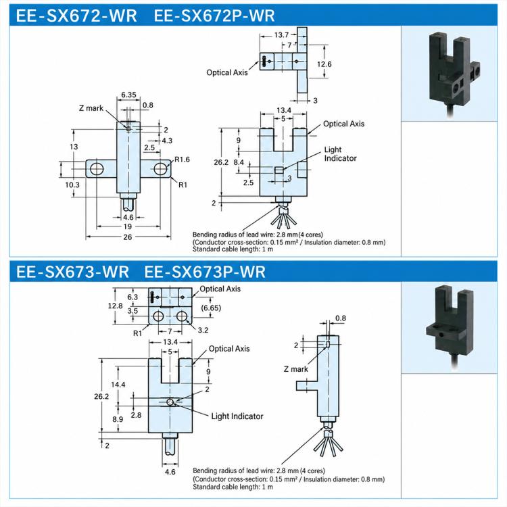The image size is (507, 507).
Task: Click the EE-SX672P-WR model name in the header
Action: pos(214,16)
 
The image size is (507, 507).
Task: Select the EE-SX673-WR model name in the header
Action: pos(72,271)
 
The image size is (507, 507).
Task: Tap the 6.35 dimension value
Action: pos(128,95)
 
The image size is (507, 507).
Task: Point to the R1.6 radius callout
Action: pos(182,160)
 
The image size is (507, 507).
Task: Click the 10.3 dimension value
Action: pos(72,185)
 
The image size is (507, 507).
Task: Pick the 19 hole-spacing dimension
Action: pos(127,226)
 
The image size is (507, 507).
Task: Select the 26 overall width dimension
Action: pos(127,237)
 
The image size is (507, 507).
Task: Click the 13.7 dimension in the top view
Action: pos(281,34)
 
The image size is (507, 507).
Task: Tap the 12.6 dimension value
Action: pos(324,64)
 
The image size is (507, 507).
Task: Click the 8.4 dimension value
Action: pos(239,162)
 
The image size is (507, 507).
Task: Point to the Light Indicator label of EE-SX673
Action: pos(237,416)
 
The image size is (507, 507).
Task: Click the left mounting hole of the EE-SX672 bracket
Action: pos(97,168)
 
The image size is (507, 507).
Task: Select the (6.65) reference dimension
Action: pos(211,308)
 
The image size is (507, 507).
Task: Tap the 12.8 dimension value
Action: pos(115,306)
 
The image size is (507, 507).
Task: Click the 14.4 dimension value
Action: pos(118,385)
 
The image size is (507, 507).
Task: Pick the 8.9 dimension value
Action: pos(118,419)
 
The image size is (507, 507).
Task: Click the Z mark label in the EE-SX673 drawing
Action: pos(295,369)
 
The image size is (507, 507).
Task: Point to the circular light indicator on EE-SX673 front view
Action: pos(170,402)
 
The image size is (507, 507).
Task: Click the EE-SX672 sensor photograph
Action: pos(454,74)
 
